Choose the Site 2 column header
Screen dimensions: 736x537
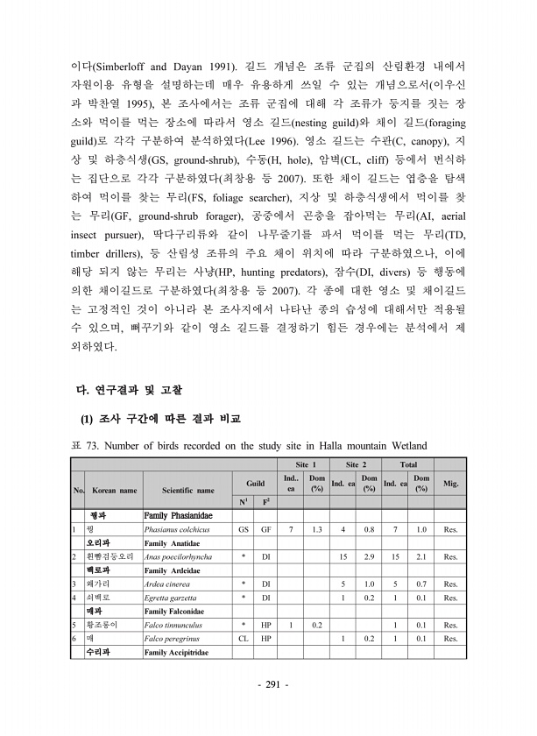point(355,463)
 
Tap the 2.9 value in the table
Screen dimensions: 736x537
point(370,557)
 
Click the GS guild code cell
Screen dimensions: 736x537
point(243,530)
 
